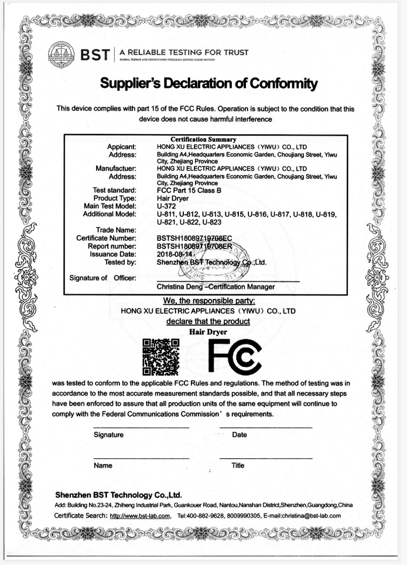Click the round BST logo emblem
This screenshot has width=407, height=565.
61,54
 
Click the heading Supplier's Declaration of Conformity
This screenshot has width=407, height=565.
209,84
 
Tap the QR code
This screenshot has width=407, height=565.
160,356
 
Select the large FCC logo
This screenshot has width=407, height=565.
234,357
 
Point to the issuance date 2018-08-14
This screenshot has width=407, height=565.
176,254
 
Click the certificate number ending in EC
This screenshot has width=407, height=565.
199,239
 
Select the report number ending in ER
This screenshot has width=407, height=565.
199,247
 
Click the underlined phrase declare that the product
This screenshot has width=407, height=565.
208,321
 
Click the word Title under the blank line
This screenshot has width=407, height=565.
238,465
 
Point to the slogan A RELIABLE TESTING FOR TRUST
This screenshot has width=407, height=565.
183,52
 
